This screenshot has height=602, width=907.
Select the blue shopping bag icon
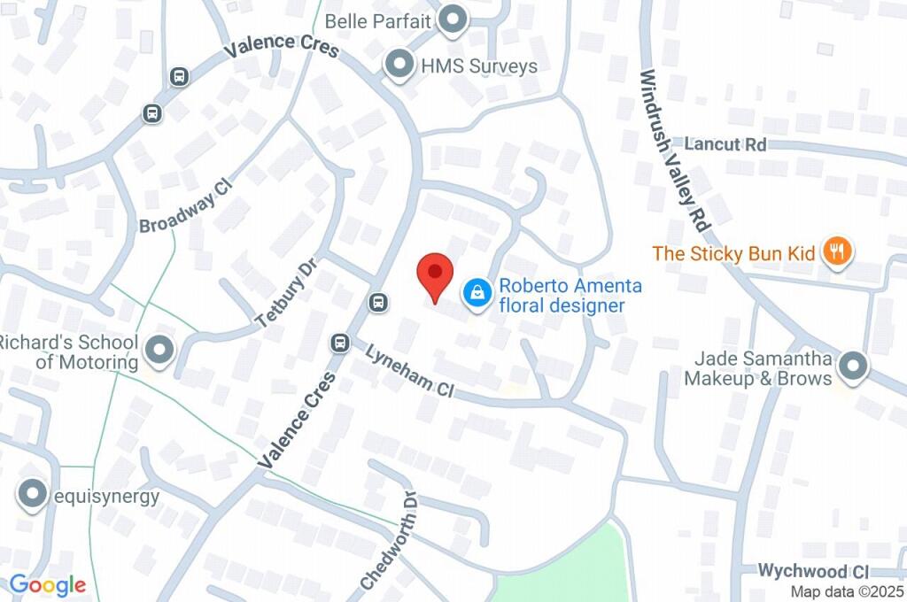[477, 294]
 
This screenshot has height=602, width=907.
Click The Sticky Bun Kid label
[733, 253]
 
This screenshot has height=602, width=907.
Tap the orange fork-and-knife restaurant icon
[836, 252]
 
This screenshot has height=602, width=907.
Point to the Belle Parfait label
[390, 20]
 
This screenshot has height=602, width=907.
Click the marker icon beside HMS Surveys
[399, 65]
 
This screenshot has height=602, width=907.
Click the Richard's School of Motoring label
[69, 352]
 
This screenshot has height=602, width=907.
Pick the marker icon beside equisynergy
[34, 495]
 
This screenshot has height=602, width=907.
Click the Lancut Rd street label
[725, 144]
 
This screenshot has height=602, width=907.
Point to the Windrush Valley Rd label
[675, 150]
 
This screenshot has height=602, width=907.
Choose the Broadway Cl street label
[185, 205]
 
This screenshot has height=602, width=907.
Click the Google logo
[48, 585]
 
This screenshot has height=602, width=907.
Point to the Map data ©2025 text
[845, 591]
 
